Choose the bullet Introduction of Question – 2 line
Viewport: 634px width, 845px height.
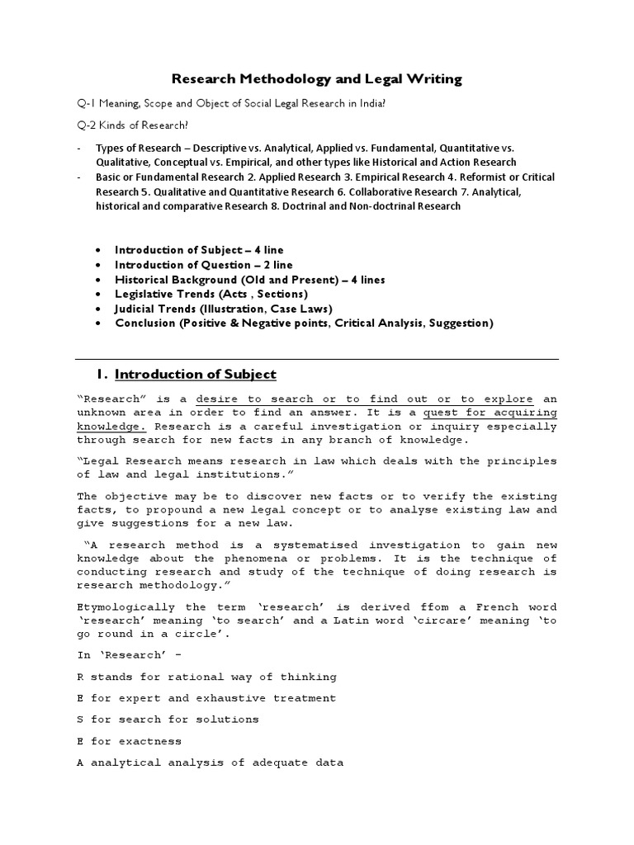tap(203, 264)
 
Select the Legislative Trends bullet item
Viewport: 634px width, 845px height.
tap(211, 294)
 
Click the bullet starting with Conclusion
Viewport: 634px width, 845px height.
tap(304, 323)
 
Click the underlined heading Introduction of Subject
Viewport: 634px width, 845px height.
tap(196, 375)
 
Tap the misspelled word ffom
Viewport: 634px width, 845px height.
tap(417, 608)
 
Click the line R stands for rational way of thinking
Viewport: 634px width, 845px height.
tap(207, 677)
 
